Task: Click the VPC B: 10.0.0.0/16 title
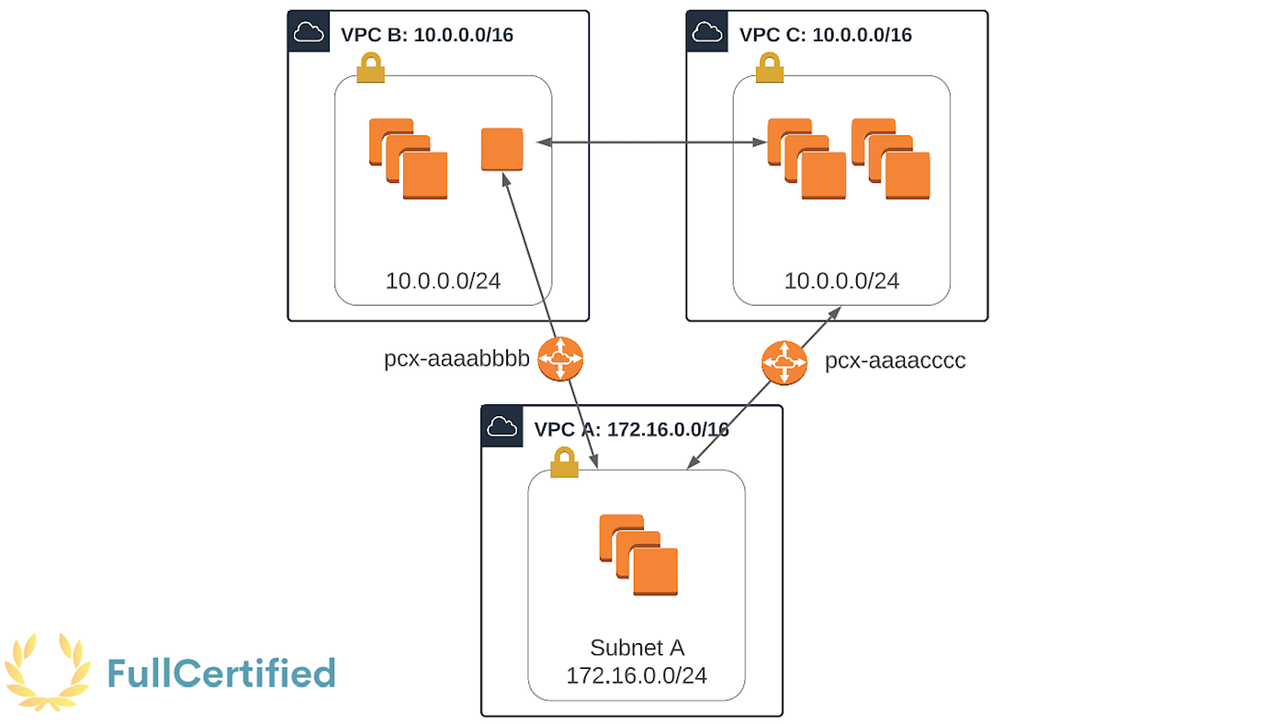coord(426,35)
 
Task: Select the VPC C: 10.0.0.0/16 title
coord(825,35)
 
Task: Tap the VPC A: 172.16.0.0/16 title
coord(631,429)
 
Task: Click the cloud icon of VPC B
coord(309,33)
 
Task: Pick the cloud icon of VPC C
coord(707,33)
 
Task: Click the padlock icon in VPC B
coord(370,68)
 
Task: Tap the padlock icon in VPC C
coord(769,68)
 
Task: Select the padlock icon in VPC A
coord(564,462)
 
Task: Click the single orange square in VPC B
coord(502,149)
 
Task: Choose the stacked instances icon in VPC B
coord(408,158)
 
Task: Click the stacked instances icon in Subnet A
coord(638,555)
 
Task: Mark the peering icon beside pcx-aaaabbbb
coord(560,358)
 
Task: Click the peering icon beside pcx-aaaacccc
coord(784,362)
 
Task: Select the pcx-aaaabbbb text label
coord(457,359)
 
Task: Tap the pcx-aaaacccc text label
coord(895,361)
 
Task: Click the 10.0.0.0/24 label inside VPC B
coord(443,280)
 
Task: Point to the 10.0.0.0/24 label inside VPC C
coord(841,280)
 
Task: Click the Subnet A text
coord(637,647)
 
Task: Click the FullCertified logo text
coord(220,673)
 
